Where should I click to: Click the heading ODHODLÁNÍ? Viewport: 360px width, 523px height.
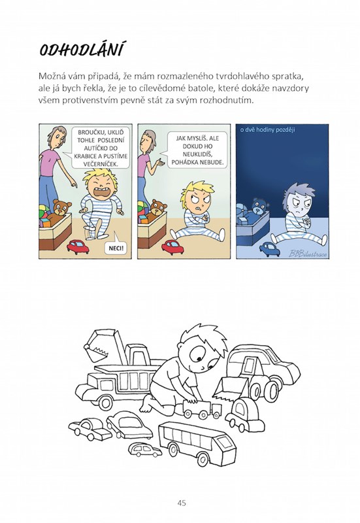pos(82,50)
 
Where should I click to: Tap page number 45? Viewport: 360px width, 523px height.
pos(182,503)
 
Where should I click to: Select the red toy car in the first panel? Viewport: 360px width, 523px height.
pos(78,247)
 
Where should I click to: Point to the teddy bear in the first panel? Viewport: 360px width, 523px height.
pos(60,211)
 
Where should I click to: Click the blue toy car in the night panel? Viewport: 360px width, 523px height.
pos(269,249)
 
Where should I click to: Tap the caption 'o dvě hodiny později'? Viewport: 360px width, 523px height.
pos(267,129)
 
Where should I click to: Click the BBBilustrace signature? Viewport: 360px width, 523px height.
pos(308,254)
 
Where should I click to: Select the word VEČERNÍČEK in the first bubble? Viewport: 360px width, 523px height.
pos(101,164)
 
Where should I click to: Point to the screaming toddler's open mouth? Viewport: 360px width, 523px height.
pos(101,192)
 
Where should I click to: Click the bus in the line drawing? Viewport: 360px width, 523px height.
pos(197,443)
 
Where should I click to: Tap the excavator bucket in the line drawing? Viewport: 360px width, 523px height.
pos(97,347)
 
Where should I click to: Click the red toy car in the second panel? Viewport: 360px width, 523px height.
pos(172,247)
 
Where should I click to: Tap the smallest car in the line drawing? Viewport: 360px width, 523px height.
pos(144,450)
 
